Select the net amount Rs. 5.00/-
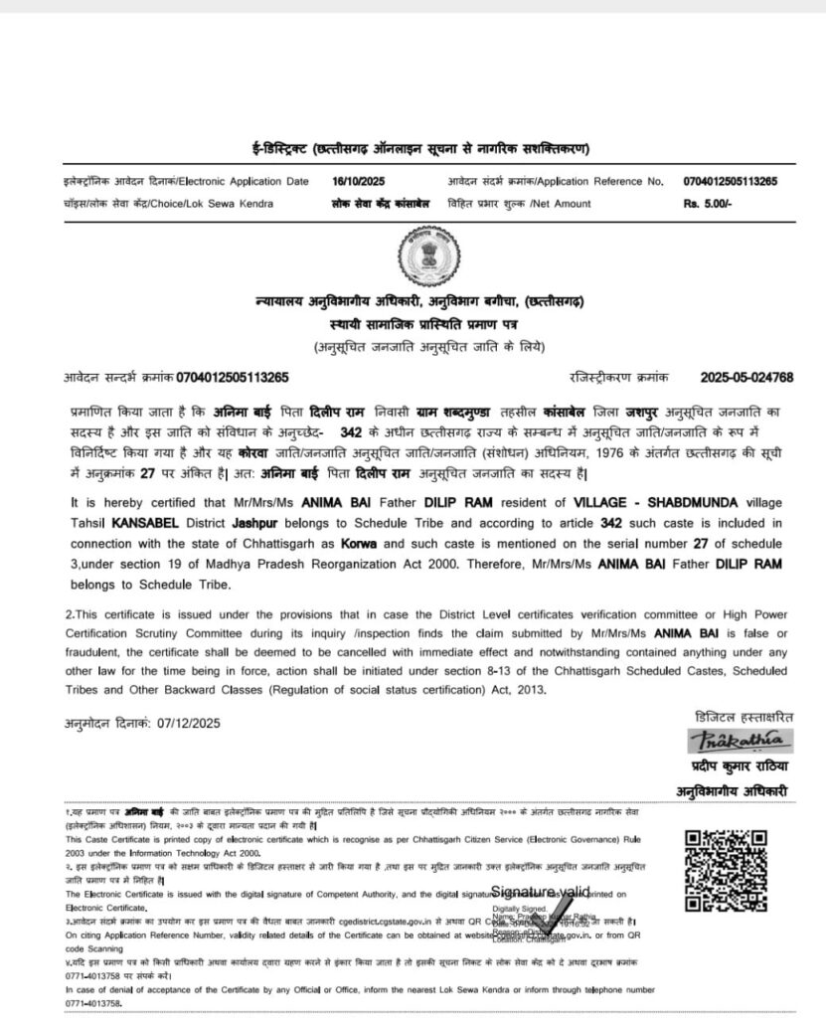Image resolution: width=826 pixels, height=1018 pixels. click(707, 203)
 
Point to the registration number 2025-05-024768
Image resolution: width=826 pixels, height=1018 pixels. click(745, 377)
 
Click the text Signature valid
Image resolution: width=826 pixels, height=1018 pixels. click(540, 891)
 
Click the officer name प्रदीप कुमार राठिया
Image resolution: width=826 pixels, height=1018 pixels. click(741, 766)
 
